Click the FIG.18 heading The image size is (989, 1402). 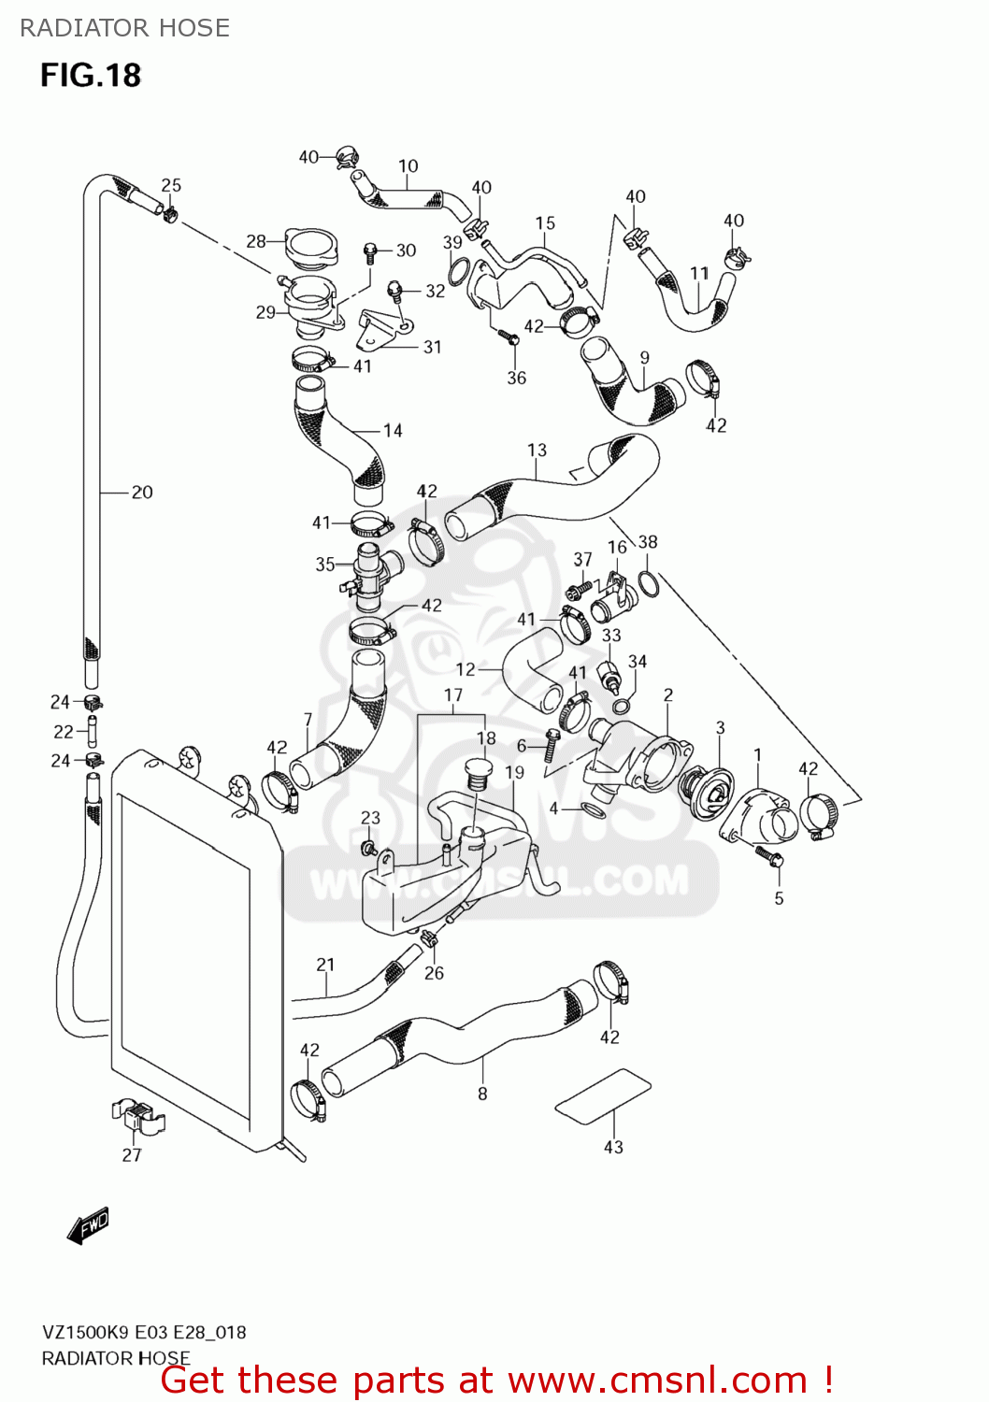pos(91,75)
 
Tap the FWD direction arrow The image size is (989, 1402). pos(89,1225)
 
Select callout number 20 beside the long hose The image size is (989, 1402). pos(141,492)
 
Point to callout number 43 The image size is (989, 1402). pos(613,1147)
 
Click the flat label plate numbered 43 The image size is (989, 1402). pos(603,1095)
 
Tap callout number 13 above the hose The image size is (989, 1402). pos(537,450)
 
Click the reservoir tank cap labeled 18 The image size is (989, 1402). pos(479,774)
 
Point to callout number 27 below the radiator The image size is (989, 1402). pos(132,1155)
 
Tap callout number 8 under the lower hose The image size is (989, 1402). pos(482,1094)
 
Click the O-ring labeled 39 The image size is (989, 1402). pos(457,272)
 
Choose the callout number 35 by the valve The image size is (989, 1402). pos(324,564)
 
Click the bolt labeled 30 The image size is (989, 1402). pos(370,250)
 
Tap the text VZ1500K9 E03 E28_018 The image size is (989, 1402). pos(144,1332)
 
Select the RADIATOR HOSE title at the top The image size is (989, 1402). pos(124,28)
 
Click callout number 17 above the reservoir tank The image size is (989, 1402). pos(453,694)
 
